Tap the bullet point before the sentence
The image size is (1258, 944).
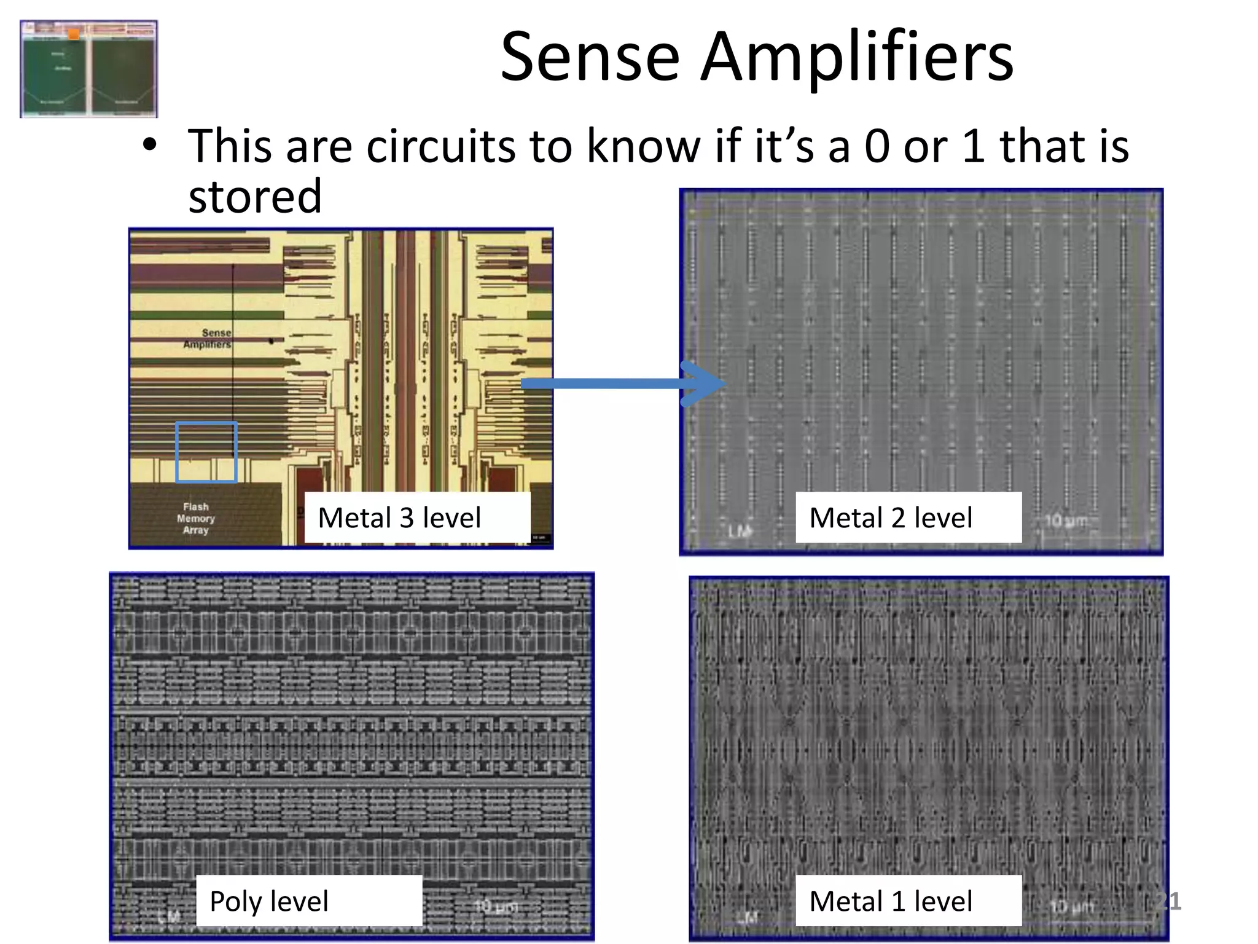(x=149, y=146)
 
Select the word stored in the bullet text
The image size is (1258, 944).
(x=255, y=197)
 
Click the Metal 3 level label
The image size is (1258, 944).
(x=399, y=517)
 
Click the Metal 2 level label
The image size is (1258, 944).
(x=891, y=517)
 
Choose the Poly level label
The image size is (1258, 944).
(x=269, y=901)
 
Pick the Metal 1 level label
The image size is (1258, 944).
(x=891, y=901)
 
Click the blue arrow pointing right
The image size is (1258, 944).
(x=620, y=384)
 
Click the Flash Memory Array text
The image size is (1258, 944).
(x=196, y=518)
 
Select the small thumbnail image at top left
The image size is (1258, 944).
(x=88, y=69)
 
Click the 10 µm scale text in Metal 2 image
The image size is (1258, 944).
(x=1066, y=521)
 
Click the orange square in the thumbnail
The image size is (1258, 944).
(x=74, y=34)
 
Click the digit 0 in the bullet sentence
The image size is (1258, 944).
(x=877, y=146)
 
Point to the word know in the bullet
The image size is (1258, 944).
(x=643, y=146)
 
